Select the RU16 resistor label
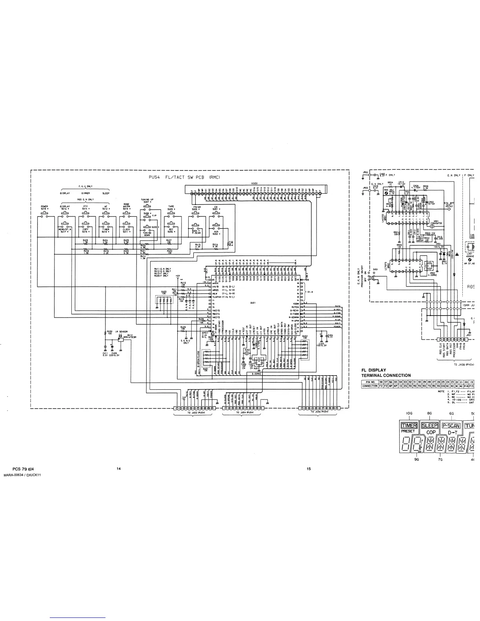(215, 245)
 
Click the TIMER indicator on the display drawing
(409, 425)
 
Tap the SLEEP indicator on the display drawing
(429, 425)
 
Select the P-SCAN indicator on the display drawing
(451, 425)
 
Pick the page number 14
(118, 468)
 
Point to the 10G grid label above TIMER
(409, 413)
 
